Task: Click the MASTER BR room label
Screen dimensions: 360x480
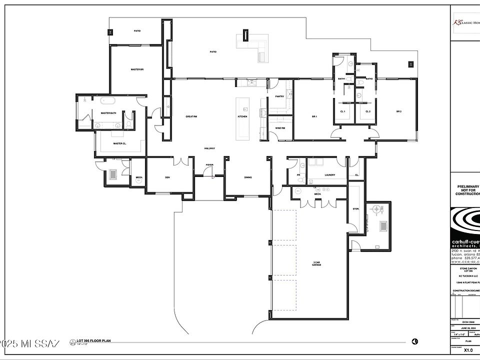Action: (x=137, y=69)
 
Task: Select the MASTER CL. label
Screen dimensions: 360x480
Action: (x=119, y=143)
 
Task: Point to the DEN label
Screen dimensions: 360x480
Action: (x=167, y=177)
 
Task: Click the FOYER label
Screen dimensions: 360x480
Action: (x=209, y=164)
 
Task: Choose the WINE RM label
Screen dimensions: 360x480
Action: (x=280, y=128)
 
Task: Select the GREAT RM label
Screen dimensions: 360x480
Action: (x=191, y=116)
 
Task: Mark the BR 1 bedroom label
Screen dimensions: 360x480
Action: (x=315, y=116)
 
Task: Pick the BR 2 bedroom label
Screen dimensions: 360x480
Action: (x=399, y=111)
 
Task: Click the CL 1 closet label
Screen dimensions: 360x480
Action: (x=343, y=111)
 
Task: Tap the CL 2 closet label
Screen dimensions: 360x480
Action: (x=367, y=111)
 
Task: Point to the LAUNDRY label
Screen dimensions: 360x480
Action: (x=329, y=175)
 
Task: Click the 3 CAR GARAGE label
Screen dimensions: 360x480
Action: (x=316, y=263)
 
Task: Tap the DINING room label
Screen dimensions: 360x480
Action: (x=248, y=177)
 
